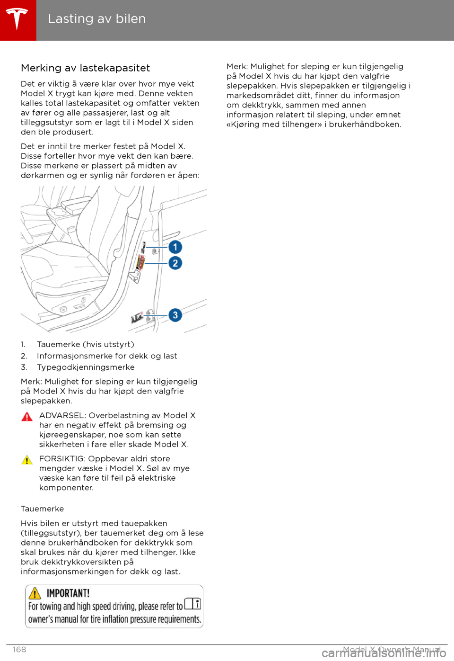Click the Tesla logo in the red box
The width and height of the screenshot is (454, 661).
[17, 19]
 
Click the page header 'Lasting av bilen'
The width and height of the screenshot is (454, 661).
[96, 19]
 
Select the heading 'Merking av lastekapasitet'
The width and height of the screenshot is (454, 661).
[85, 68]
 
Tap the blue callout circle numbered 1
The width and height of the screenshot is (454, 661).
[175, 247]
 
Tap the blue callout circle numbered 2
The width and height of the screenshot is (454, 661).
[175, 263]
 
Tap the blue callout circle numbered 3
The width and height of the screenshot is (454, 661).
[175, 315]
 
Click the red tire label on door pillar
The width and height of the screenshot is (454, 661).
[140, 262]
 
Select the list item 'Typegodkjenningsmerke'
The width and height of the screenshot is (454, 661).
[86, 367]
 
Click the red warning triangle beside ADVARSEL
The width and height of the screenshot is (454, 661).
[27, 417]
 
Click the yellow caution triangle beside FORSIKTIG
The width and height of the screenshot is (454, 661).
[27, 460]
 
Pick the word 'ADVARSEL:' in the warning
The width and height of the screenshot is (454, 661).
[62, 415]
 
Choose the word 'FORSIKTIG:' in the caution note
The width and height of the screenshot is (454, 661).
[62, 458]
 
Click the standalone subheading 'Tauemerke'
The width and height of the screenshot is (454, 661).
[42, 509]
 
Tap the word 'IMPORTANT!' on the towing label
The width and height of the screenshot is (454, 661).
[68, 593]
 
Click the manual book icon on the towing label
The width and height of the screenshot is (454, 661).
[192, 604]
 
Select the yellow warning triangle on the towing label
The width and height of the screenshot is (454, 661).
[35, 593]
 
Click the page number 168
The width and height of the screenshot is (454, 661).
[19, 649]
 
